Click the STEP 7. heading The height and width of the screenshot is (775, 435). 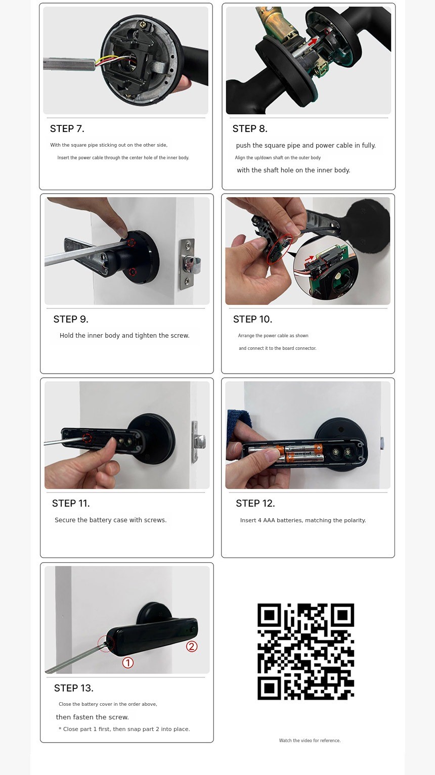[67, 129]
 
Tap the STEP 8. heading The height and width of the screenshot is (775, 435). [250, 129]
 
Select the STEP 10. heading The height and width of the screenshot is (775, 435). [252, 320]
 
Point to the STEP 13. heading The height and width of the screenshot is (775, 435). [74, 688]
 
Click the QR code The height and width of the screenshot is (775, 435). [306, 652]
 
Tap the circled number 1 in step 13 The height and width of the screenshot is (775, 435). [128, 663]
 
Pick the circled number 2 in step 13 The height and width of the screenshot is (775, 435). [192, 646]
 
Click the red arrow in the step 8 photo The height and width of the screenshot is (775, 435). [312, 42]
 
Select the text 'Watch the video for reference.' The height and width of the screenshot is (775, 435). [310, 741]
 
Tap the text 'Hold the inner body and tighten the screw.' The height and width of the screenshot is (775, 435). [124, 336]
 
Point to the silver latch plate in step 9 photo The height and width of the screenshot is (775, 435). [187, 264]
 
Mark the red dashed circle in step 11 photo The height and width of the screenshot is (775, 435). [87, 438]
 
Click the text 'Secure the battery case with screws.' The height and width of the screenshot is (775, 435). [111, 520]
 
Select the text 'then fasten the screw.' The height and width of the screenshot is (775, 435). [93, 717]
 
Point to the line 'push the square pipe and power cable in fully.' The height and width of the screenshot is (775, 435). [306, 146]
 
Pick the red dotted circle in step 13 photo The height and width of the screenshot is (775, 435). [106, 644]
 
